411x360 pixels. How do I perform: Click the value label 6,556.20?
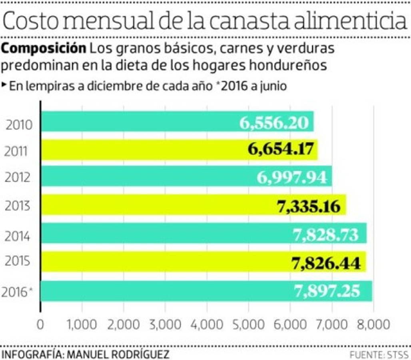274,122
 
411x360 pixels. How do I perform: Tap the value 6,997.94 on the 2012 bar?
291,177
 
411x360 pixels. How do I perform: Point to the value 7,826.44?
326,263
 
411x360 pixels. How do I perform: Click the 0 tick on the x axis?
40,324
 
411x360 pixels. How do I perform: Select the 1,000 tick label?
82,324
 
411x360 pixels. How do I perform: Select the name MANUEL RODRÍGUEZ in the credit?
118,354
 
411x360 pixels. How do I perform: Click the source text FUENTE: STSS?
379,354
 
